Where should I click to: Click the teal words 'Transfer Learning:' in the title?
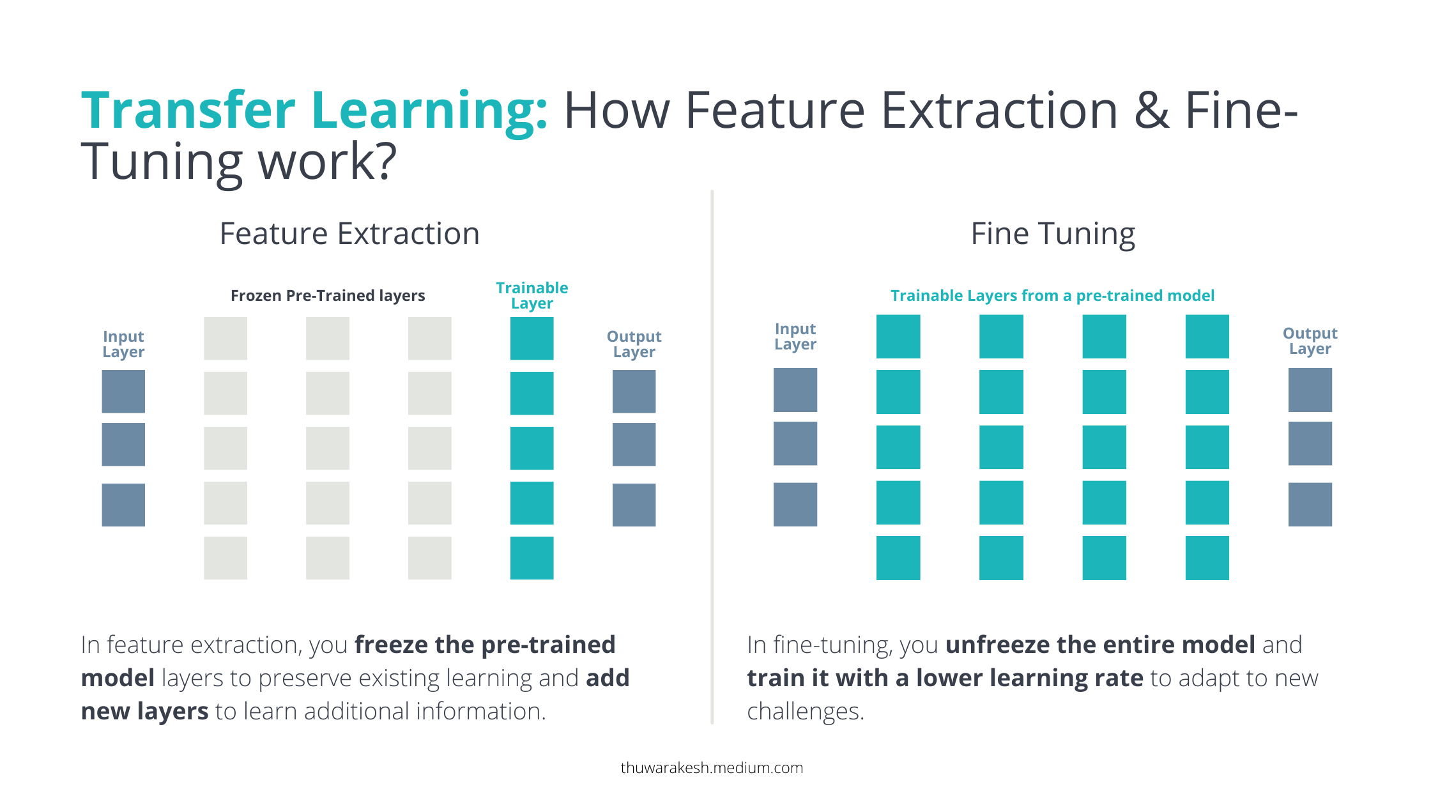314,111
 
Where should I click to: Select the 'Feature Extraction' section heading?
349,234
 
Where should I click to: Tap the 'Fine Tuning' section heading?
1053,234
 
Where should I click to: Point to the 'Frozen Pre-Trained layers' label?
328,296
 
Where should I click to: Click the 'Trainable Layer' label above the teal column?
532,295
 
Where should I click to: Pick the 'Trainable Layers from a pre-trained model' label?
1052,296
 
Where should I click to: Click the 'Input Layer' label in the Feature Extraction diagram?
123,344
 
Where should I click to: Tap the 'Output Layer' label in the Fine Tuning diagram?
1310,341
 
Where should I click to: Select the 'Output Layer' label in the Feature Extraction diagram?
634,344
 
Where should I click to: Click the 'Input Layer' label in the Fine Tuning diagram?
795,336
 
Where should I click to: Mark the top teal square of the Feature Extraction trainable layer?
532,338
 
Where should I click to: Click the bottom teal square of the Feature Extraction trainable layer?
532,558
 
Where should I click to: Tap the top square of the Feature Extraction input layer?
123,391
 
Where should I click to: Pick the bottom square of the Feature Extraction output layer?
634,505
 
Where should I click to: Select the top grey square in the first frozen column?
226,338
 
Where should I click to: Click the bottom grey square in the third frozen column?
429,558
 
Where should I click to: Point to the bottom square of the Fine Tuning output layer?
1310,504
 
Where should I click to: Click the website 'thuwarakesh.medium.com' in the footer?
712,768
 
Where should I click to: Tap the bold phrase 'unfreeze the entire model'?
1100,645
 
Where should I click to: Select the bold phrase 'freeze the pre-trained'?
485,645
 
